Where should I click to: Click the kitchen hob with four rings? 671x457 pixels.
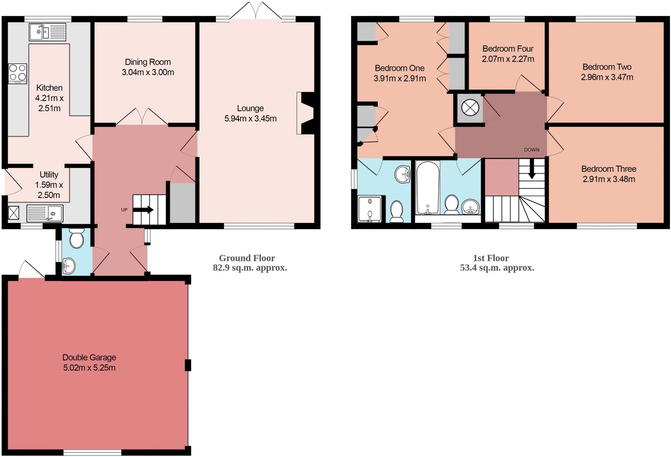coord(18,73)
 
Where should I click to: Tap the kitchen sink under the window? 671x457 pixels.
coord(47,32)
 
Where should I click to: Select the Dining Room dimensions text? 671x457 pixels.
coord(148,72)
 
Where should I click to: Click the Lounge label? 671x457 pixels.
coord(250,108)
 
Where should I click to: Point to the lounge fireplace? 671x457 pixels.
coord(307,113)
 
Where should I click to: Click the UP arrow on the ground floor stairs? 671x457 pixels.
coord(144,210)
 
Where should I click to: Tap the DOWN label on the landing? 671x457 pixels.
coord(531,150)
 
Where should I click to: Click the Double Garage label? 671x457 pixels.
coord(89,357)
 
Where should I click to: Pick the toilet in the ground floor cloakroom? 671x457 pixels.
coord(77,238)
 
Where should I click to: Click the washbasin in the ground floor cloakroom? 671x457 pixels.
coord(69,266)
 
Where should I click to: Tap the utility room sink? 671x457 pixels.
coord(45,213)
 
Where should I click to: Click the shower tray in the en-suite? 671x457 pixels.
coord(370,209)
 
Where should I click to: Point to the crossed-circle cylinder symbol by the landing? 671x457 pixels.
coord(470,108)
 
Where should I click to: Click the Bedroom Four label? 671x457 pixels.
coord(508,49)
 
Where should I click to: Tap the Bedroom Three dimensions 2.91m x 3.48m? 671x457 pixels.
coord(609,179)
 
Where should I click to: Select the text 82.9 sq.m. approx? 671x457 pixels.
coord(250,268)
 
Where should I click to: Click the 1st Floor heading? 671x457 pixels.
coord(491,258)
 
